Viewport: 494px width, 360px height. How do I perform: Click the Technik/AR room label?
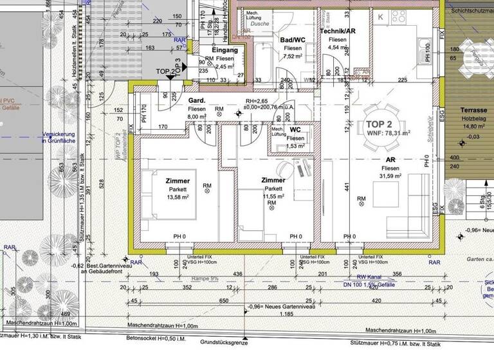tap(337, 30)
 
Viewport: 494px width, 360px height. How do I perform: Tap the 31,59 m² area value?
tap(390, 176)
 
